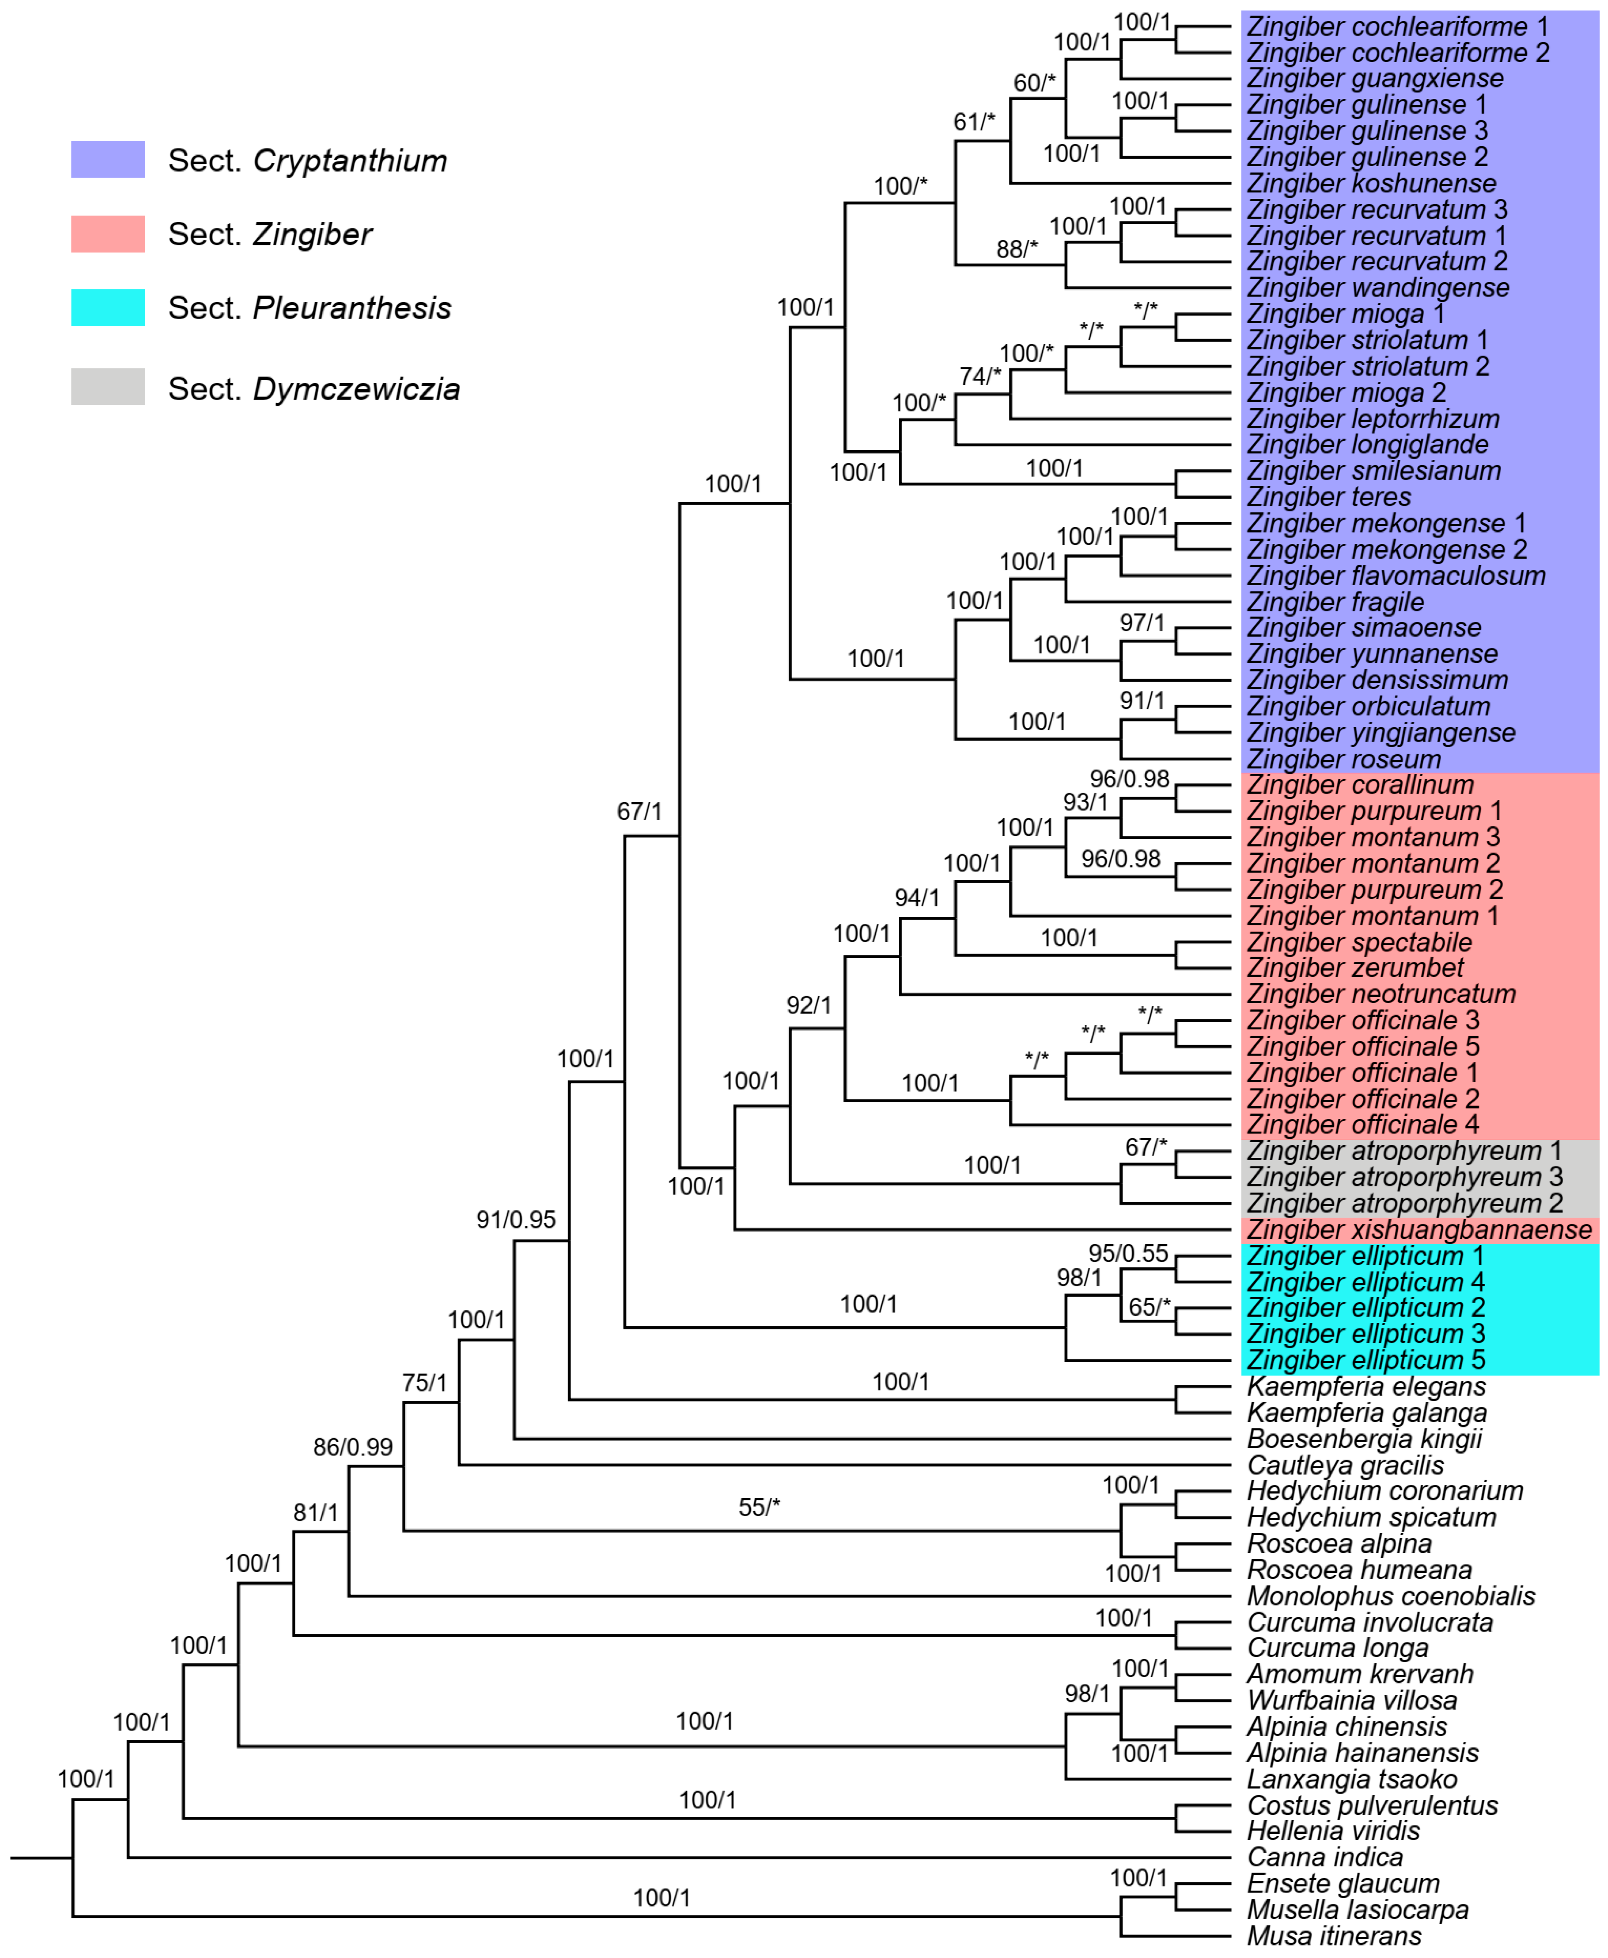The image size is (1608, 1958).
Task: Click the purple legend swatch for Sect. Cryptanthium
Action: tap(108, 159)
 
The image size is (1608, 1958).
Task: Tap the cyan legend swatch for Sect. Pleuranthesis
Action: tap(108, 308)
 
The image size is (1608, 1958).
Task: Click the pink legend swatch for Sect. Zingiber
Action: tap(108, 233)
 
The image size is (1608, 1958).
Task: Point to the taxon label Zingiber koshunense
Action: tap(1371, 183)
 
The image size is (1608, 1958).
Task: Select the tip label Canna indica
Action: tap(1325, 1857)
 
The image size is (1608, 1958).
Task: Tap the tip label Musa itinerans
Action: tap(1334, 1936)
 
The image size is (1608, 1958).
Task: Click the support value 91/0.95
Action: tap(516, 1220)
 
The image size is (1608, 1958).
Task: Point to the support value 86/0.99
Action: tap(352, 1447)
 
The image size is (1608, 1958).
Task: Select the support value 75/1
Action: tap(424, 1383)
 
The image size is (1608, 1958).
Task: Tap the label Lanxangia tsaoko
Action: tap(1352, 1779)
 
